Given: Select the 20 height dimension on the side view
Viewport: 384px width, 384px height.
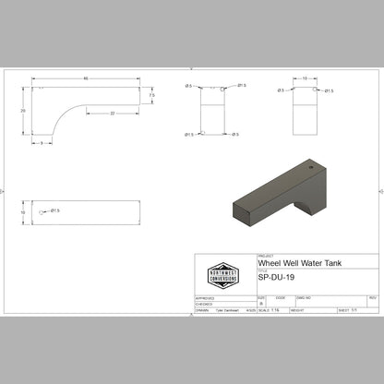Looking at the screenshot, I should (x=22, y=110).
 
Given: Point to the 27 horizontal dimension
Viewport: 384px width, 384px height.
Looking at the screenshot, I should (x=112, y=113).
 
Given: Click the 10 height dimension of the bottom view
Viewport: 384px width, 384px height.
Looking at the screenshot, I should (x=22, y=211).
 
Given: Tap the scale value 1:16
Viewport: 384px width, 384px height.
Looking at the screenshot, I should (x=276, y=311).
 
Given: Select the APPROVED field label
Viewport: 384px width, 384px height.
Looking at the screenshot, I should (x=206, y=297).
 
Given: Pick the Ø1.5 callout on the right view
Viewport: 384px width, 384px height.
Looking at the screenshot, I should (x=330, y=91).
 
